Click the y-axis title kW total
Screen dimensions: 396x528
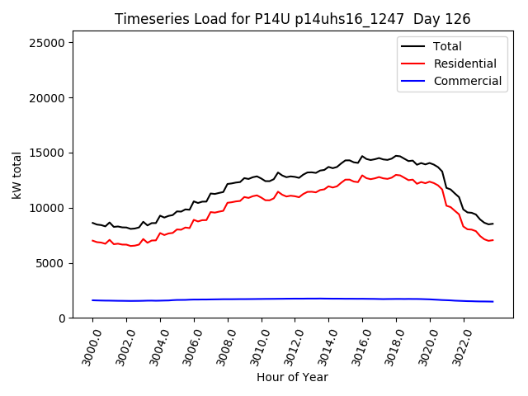(17, 175)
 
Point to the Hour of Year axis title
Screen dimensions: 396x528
(292, 377)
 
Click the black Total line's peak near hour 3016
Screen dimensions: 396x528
(362, 156)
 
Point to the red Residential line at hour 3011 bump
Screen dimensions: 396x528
(278, 192)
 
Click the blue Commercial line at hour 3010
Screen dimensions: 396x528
(262, 299)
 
